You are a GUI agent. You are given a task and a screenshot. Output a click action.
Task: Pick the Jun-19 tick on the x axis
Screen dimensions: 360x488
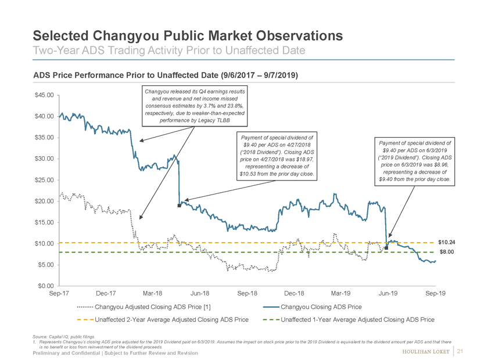click(x=388, y=294)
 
